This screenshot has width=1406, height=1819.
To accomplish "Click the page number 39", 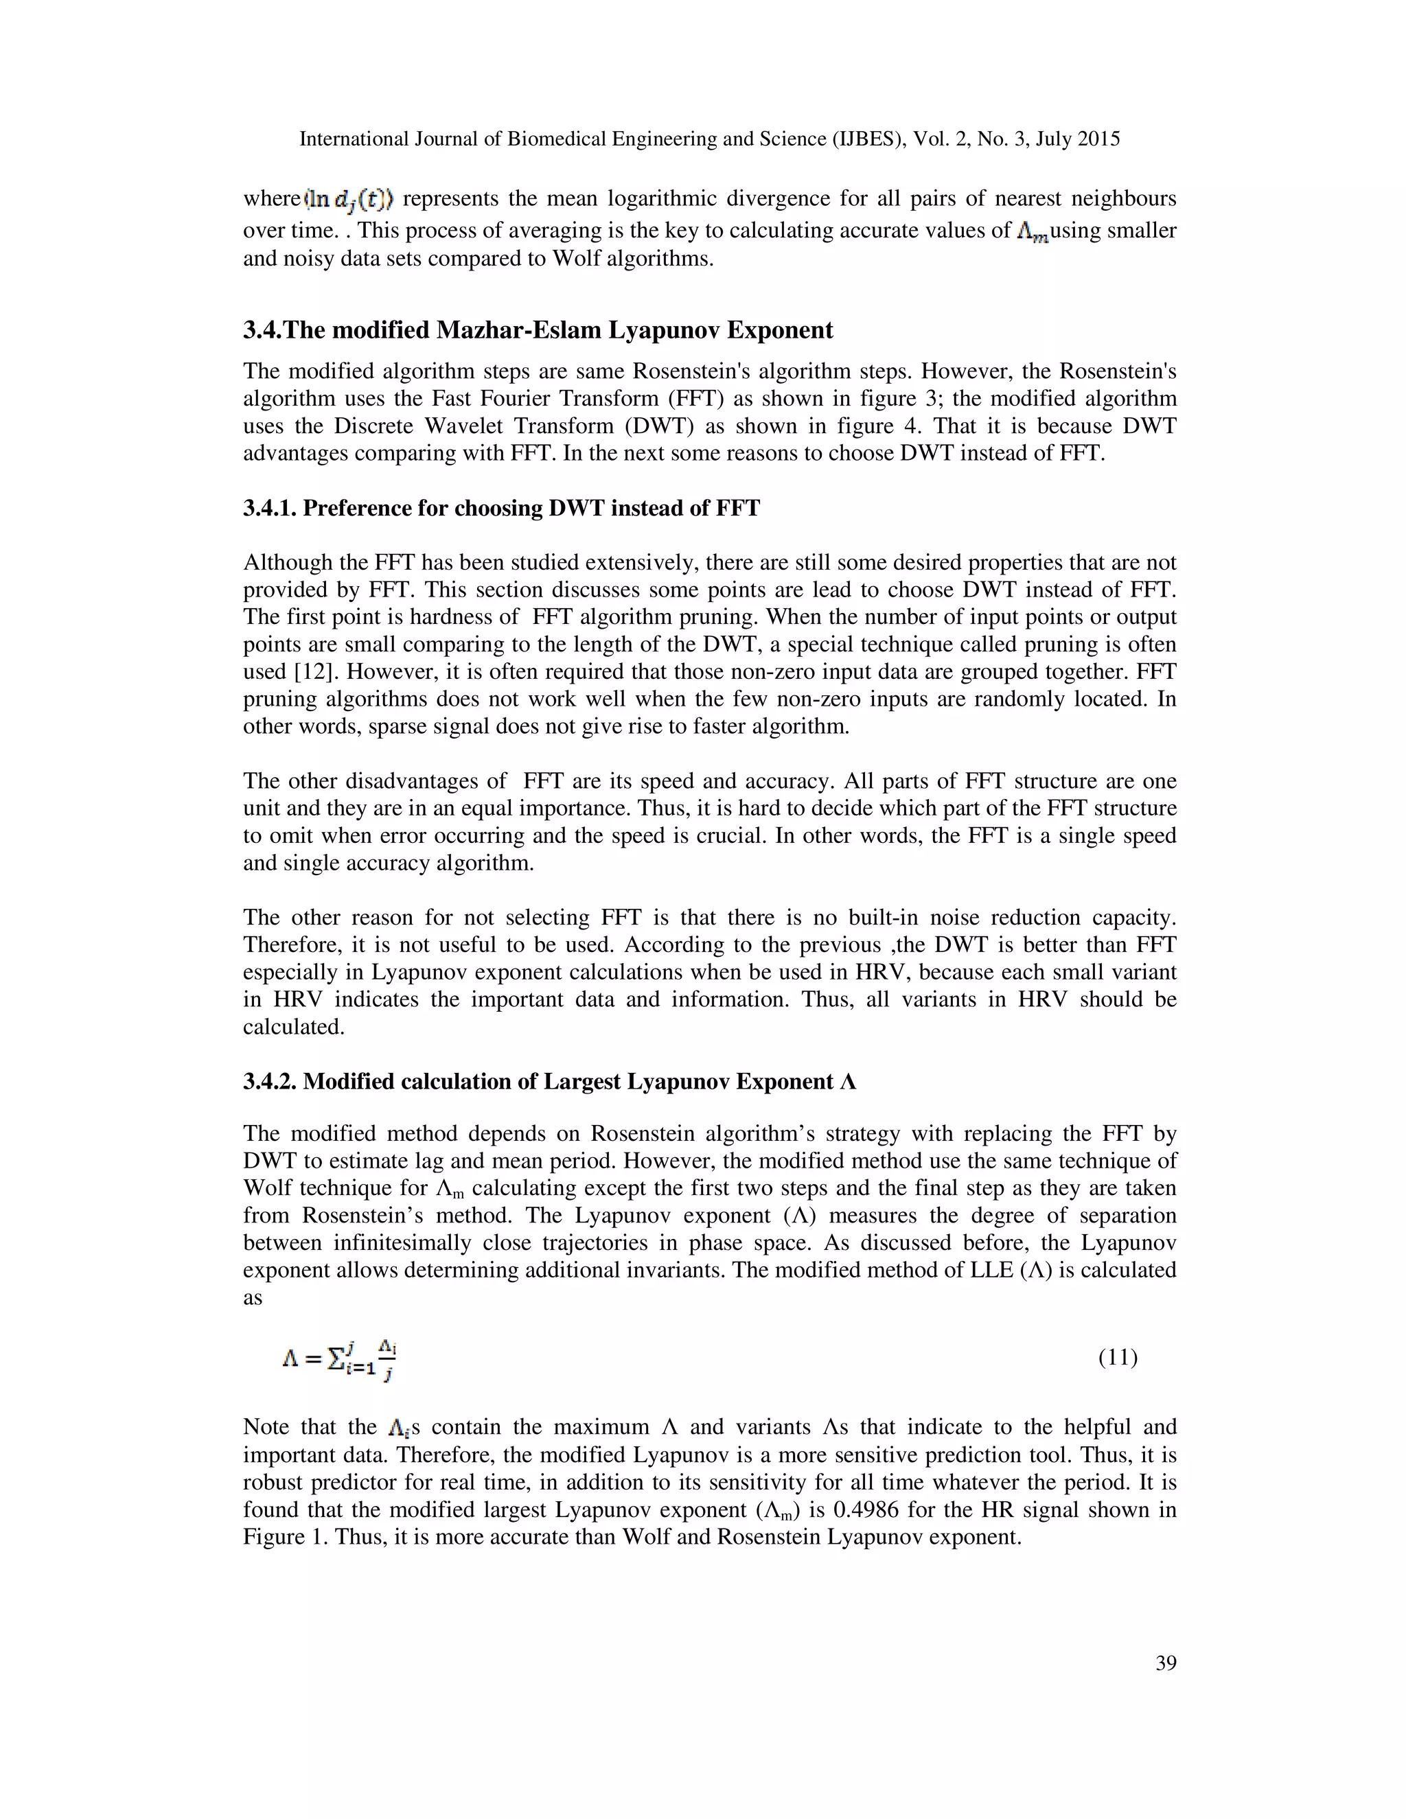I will pyautogui.click(x=1165, y=1663).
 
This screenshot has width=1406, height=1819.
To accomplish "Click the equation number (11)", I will pyautogui.click(x=1117, y=1358).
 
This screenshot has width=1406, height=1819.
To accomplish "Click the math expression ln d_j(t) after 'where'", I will pyautogui.click(x=351, y=200).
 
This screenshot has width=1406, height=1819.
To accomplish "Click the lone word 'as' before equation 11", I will pyautogui.click(x=253, y=1297).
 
